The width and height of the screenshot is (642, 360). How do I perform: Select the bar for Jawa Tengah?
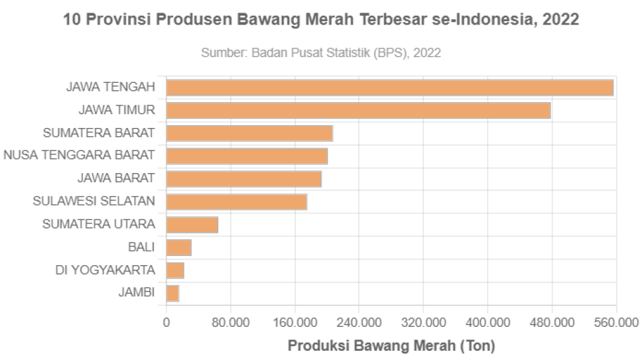click(x=390, y=88)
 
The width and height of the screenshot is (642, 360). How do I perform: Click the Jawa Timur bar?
click(x=358, y=111)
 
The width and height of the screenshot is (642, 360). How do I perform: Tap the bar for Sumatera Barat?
click(x=249, y=133)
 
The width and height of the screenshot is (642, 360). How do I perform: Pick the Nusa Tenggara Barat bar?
click(x=247, y=156)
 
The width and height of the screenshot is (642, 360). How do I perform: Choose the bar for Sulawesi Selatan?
click(x=237, y=202)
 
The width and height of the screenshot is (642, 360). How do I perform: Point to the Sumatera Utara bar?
click(x=192, y=225)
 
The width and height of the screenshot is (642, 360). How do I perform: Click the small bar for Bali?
click(x=179, y=248)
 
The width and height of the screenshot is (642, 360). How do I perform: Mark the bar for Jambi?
click(x=173, y=293)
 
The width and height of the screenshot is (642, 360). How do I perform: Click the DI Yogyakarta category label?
click(x=105, y=270)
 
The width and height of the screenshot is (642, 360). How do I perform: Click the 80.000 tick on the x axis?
click(x=230, y=323)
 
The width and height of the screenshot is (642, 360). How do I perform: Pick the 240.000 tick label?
click(x=359, y=323)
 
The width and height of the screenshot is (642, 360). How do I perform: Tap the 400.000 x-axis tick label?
click(x=487, y=323)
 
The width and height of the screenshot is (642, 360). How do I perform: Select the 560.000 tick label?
click(x=616, y=323)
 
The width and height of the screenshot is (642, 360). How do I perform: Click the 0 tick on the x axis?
click(x=166, y=323)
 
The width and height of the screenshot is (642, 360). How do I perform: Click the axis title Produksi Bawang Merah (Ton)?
click(x=391, y=346)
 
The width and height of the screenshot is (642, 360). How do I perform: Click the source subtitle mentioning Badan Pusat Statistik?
click(x=321, y=52)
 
